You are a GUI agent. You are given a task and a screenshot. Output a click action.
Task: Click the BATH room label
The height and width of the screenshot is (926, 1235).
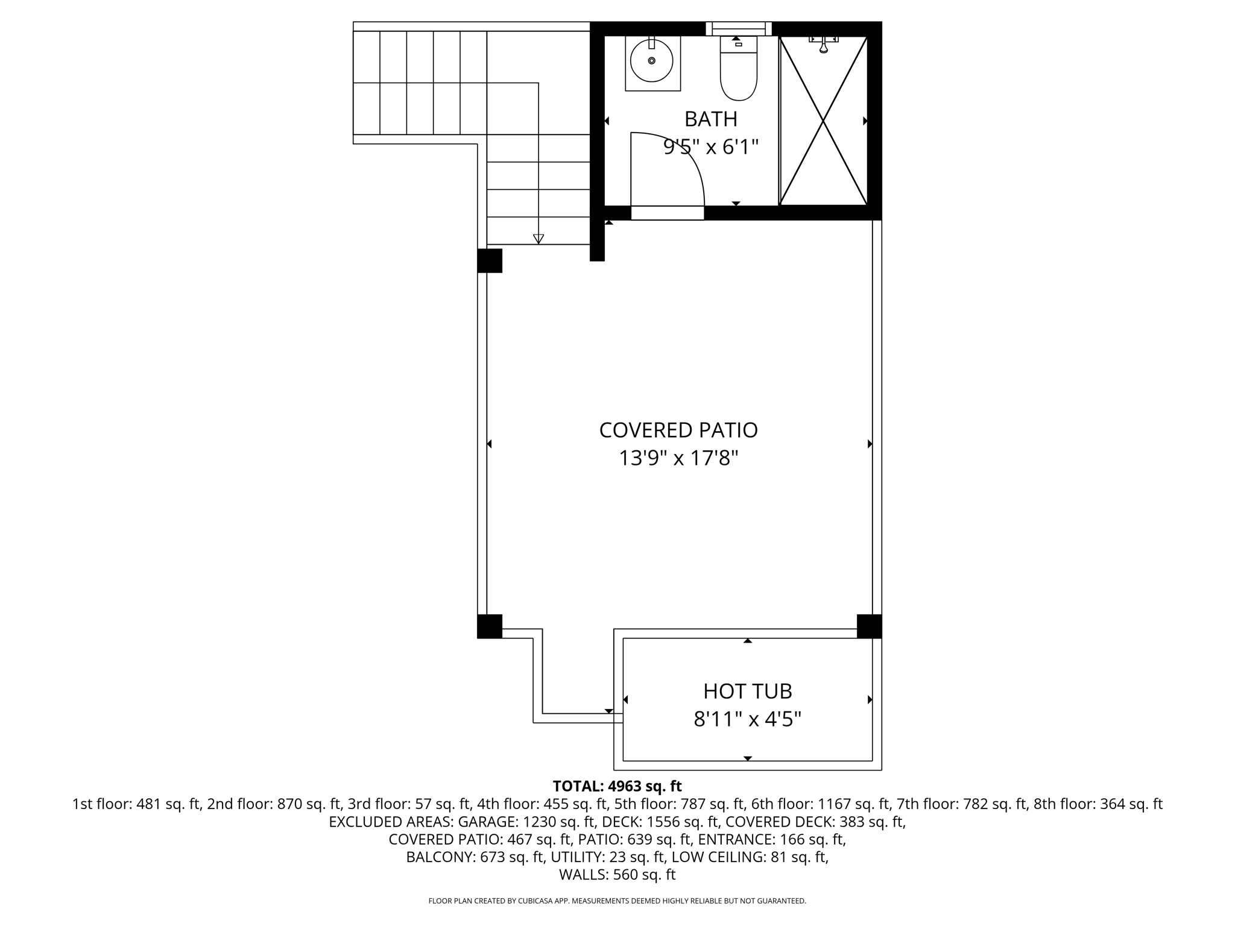(x=710, y=119)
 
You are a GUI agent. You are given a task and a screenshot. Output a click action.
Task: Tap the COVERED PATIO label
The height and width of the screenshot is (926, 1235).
(x=678, y=430)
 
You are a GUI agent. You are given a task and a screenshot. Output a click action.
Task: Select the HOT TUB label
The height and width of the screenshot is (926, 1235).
(x=747, y=691)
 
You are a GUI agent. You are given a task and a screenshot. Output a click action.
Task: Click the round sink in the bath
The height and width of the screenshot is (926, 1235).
(x=652, y=61)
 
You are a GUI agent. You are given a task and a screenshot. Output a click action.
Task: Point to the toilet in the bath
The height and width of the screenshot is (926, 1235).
(x=738, y=69)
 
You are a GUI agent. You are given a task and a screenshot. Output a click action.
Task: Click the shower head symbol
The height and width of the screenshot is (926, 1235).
(x=823, y=44)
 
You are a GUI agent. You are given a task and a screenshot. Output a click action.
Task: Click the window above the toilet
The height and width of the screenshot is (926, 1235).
(x=739, y=28)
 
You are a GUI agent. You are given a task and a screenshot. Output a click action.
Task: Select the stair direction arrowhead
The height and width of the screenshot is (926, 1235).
(x=539, y=239)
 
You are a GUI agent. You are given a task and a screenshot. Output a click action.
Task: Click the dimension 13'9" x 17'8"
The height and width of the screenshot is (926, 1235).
(x=678, y=459)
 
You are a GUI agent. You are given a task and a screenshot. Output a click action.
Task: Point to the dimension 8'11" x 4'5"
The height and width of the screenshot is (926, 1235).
(x=747, y=719)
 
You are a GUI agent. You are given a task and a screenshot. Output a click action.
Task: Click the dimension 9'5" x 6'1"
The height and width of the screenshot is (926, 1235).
(x=710, y=147)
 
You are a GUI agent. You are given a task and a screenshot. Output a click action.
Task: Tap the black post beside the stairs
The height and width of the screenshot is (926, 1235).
(x=490, y=260)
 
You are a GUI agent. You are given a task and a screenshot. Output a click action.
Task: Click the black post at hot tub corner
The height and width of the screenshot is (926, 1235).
(x=869, y=626)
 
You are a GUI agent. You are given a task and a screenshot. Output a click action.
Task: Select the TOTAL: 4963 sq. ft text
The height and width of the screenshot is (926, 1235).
(x=617, y=786)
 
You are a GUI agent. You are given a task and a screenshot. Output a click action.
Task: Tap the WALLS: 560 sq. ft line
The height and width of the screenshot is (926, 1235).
(x=617, y=875)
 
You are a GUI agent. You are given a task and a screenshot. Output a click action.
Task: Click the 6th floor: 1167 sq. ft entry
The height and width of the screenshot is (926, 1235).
(x=820, y=804)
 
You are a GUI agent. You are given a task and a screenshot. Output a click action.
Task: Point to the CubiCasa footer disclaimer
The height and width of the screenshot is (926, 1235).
(x=617, y=901)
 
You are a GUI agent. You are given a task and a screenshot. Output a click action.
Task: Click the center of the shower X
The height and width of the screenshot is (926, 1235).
(x=823, y=121)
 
